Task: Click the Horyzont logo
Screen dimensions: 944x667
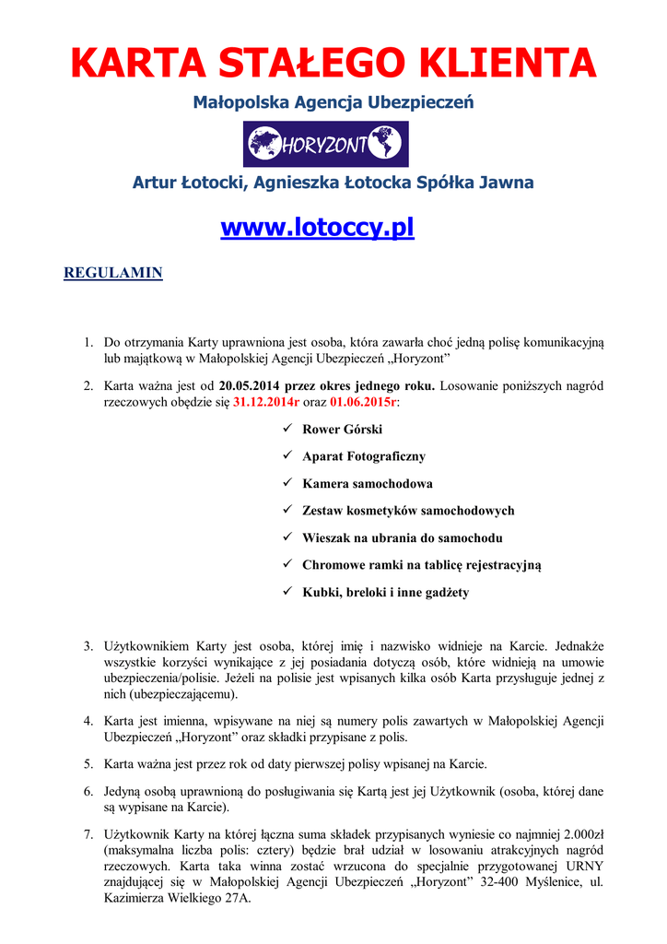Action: coord(325,145)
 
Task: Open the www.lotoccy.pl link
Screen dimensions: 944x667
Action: coord(317,227)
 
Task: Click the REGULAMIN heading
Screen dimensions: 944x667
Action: coord(112,273)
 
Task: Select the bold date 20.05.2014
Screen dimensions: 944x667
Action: coord(252,385)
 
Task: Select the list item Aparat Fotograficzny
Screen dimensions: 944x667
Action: coord(364,456)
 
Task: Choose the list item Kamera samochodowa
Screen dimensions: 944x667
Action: coord(367,483)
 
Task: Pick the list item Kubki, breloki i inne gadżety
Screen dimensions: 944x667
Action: coord(385,592)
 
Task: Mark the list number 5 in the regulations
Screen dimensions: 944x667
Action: coord(88,764)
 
